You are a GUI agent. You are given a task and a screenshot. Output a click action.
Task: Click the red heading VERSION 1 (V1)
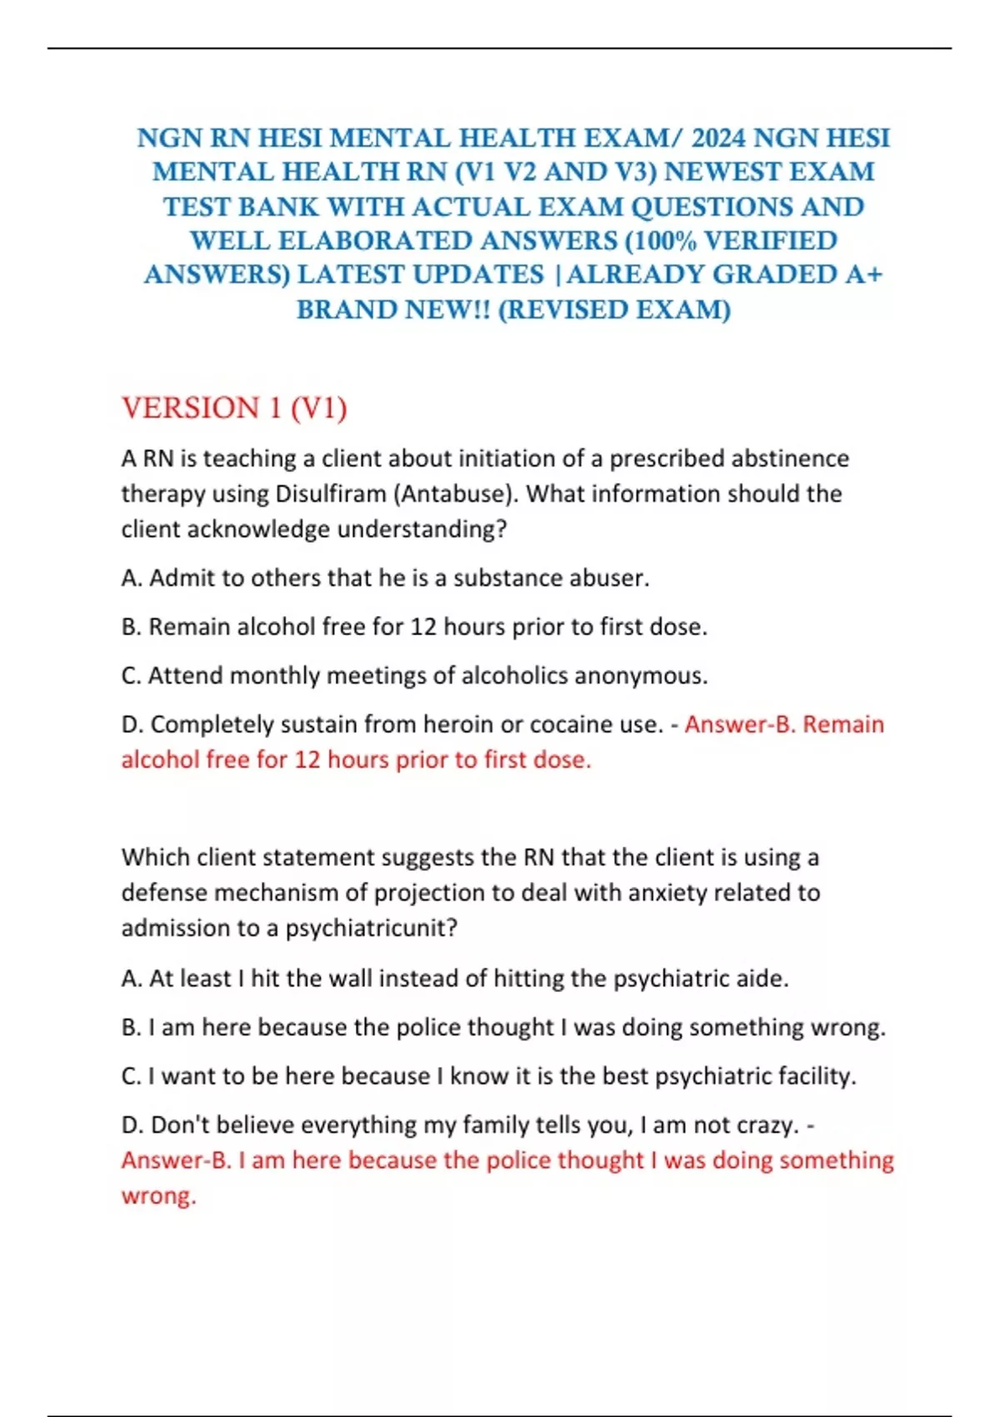point(234,408)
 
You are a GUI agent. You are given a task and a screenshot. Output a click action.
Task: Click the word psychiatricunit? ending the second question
point(372,928)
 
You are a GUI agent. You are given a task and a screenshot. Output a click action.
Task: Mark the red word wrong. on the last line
point(158,1196)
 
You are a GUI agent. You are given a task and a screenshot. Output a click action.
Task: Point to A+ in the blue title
point(863,274)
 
